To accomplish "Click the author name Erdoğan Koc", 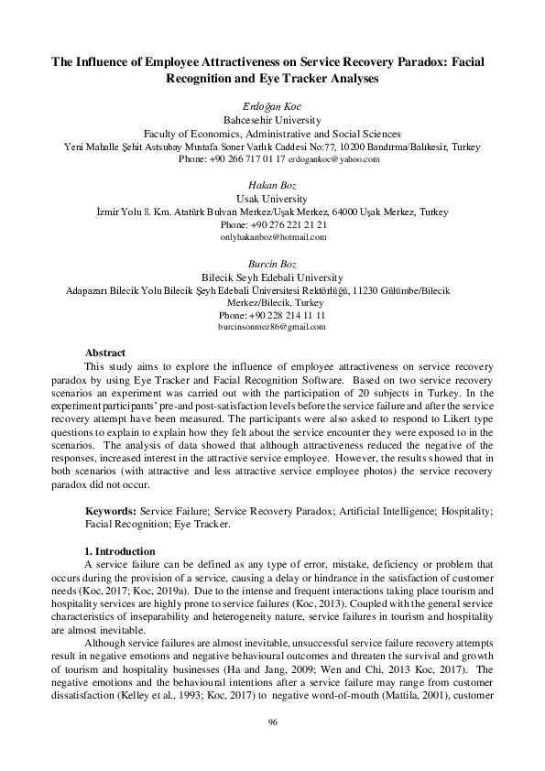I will [272, 106].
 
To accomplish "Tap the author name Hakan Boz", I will [272, 185].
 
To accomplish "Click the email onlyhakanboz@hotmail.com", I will [272, 237].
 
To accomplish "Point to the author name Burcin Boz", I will [272, 264].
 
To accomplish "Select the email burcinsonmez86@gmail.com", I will [272, 327].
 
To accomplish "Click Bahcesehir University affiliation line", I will [272, 119].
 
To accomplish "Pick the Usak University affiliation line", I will [272, 198].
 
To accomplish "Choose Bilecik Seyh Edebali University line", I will [272, 277].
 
